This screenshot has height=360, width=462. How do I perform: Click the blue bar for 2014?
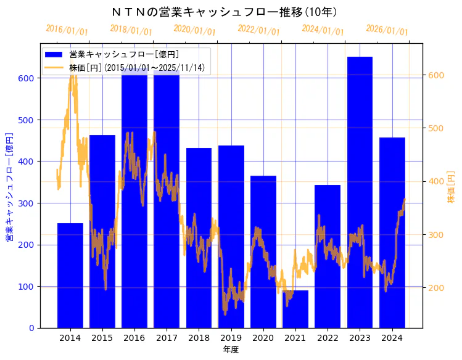point(70,275)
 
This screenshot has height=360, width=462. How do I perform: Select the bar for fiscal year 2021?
point(295,309)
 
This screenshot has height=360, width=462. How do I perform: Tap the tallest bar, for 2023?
point(360,192)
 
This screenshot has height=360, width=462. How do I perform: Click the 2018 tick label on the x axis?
point(199,338)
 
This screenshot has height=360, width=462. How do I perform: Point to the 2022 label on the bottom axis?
point(328,338)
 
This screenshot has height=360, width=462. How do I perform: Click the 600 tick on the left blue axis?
point(27,78)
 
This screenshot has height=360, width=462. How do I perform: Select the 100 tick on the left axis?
point(27,287)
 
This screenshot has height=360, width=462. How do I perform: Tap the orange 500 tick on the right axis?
point(436,128)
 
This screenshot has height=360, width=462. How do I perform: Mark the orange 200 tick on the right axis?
point(436,288)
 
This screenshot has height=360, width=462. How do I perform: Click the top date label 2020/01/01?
point(195,30)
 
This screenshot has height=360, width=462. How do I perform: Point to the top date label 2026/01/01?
point(387,30)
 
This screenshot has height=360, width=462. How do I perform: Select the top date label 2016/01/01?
point(67,30)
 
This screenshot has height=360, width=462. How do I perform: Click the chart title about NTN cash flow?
point(224,12)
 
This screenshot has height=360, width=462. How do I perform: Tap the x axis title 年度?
point(231,350)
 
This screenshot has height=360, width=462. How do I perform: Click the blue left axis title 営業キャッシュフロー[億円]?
point(10,186)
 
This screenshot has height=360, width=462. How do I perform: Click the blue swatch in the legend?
point(54,55)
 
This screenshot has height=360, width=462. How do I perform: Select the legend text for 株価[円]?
point(137,67)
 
